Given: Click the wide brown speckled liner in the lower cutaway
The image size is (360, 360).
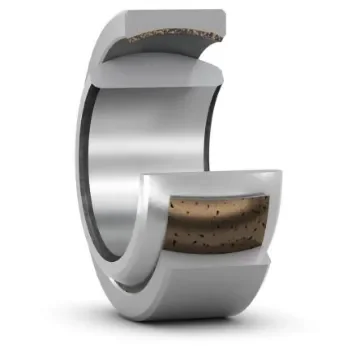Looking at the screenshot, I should point(220,227).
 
